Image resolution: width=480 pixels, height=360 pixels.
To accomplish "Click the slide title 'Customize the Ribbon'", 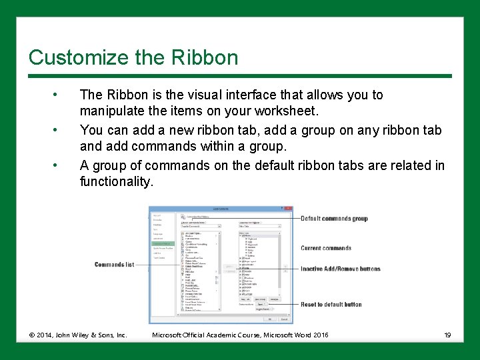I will [x=133, y=57].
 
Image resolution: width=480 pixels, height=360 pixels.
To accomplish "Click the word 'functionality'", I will [x=116, y=182].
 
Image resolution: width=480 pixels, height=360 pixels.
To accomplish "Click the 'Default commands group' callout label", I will [x=334, y=219].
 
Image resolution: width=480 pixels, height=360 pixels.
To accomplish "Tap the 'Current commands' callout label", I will [x=325, y=248].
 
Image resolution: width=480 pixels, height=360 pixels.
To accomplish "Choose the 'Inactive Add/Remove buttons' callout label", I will [x=341, y=269].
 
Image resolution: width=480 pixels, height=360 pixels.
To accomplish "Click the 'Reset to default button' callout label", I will [x=331, y=305].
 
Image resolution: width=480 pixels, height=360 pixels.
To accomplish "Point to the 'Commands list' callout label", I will [x=114, y=265].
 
